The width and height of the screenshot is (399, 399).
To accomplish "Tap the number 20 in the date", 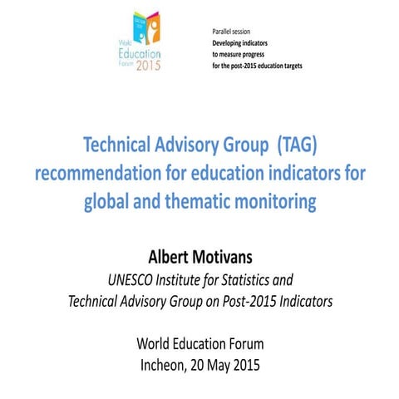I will [x=205, y=364].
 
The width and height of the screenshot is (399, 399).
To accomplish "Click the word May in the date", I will [x=228, y=364].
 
